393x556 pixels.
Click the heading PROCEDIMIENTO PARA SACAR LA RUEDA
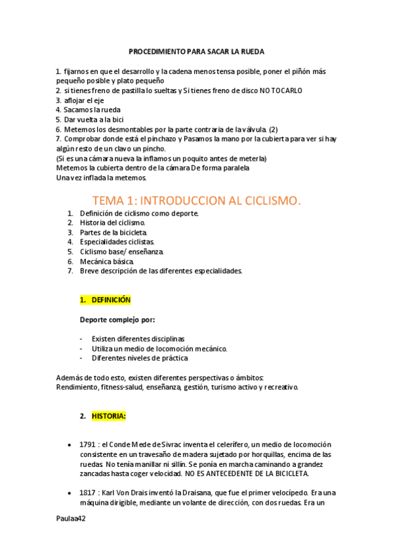coord(196,52)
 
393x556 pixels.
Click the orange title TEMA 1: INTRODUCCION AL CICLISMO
coord(196,200)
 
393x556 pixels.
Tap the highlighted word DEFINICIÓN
coord(111,300)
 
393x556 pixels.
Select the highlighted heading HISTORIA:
coord(109,416)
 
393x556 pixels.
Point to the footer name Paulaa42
coord(71,518)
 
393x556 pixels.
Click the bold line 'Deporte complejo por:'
coord(117,320)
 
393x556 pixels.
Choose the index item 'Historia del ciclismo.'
coord(113,223)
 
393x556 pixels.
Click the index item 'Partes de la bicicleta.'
coord(114,232)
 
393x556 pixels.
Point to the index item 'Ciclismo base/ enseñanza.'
coord(121,251)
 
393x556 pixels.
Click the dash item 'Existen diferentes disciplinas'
coord(138,339)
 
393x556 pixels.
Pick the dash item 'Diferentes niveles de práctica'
coord(139,358)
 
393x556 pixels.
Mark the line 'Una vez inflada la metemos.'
coord(102,178)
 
